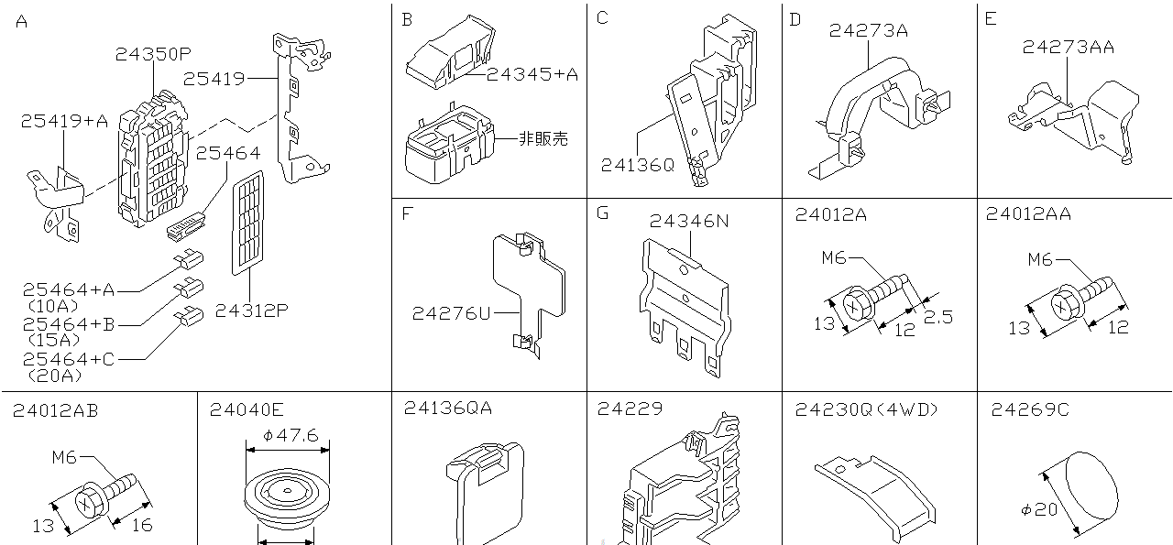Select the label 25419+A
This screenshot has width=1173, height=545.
(65, 120)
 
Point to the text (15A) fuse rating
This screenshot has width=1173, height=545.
(53, 341)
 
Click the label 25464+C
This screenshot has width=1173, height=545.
(69, 359)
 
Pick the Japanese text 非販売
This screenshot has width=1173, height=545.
(543, 139)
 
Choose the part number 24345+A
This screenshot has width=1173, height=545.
(532, 75)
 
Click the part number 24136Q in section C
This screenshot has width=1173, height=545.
(637, 165)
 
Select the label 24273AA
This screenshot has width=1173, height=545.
(1069, 47)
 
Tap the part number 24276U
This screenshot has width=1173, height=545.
(451, 313)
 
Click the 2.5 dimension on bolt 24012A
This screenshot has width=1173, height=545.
(938, 317)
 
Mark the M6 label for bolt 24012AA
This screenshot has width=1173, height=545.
(1040, 259)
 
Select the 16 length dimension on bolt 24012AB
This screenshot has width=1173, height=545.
(141, 525)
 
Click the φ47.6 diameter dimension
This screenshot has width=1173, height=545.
(290, 436)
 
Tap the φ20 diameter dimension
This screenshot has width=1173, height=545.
(1040, 509)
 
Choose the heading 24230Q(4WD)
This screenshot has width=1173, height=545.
(866, 409)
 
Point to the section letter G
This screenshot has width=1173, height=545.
(602, 213)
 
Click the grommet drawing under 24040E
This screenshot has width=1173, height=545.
(287, 500)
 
